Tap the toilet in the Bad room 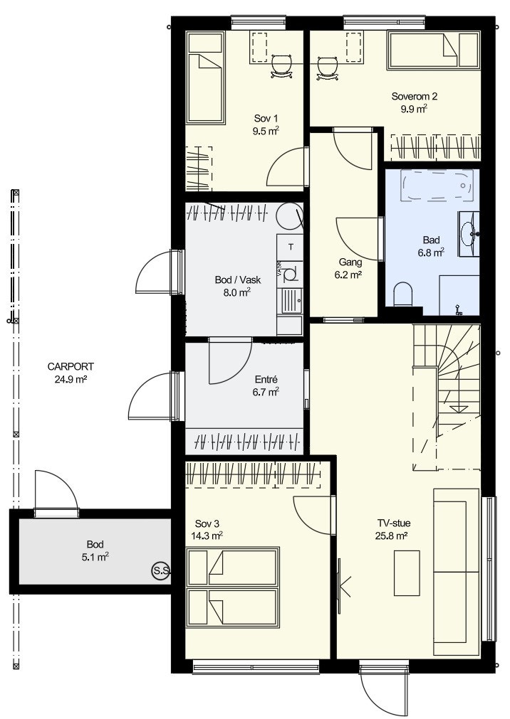403,294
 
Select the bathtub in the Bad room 437,185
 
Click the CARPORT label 71,366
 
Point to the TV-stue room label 394,523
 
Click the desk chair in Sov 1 281,67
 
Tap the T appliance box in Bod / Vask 291,247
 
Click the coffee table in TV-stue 407,572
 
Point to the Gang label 350,262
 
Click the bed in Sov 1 205,78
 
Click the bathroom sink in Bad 469,234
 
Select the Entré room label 266,380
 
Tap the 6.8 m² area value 430,252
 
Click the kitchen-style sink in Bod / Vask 292,302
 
